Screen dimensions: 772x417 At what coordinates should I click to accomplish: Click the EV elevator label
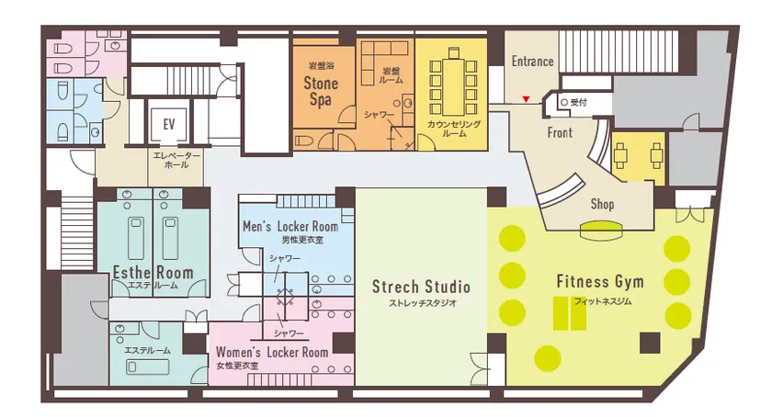169,124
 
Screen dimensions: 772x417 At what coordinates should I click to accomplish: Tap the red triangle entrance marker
526,99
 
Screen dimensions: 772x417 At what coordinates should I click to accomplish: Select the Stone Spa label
321,91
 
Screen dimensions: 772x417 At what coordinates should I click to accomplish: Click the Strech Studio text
421,287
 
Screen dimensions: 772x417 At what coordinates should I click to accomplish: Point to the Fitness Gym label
600,281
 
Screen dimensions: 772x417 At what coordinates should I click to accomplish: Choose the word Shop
602,204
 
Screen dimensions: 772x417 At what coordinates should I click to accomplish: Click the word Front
560,132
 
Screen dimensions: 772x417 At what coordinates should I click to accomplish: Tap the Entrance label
532,61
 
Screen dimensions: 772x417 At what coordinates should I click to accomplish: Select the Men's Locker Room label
290,227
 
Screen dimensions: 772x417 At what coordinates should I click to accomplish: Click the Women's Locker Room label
272,352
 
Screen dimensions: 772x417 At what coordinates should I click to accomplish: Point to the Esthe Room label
153,272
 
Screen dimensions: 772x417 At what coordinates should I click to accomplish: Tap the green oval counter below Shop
602,230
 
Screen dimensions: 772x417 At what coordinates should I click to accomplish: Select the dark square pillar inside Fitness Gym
650,343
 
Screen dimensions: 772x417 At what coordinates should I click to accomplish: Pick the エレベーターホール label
176,160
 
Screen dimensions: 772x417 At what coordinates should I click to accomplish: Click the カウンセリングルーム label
454,128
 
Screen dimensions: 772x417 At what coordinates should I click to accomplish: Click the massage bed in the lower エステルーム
148,367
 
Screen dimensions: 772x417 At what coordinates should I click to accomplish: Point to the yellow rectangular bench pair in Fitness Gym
570,313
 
